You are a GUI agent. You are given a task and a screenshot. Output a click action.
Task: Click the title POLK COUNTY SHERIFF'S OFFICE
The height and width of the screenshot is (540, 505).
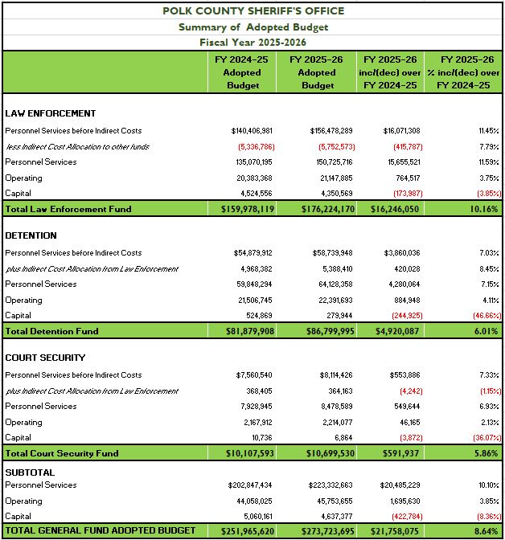pyautogui.click(x=252, y=10)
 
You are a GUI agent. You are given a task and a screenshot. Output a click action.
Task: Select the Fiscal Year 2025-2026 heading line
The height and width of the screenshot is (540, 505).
pyautogui.click(x=252, y=42)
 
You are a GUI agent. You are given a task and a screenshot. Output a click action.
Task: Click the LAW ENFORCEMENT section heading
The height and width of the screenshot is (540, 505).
pyautogui.click(x=50, y=113)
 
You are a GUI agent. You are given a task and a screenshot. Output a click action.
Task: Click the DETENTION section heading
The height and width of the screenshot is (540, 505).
pyautogui.click(x=31, y=235)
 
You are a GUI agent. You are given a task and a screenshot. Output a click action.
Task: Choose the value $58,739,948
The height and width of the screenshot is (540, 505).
pyautogui.click(x=331, y=252)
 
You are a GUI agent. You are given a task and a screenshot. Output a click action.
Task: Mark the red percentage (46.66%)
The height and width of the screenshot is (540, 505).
pyautogui.click(x=482, y=316)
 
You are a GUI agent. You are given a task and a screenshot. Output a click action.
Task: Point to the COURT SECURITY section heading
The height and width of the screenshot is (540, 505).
pyautogui.click(x=45, y=358)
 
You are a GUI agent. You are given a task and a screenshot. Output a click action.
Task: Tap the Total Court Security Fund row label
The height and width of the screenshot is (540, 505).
pyautogui.click(x=62, y=453)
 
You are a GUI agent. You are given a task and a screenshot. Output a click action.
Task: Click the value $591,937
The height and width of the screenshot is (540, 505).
pyautogui.click(x=399, y=453)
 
